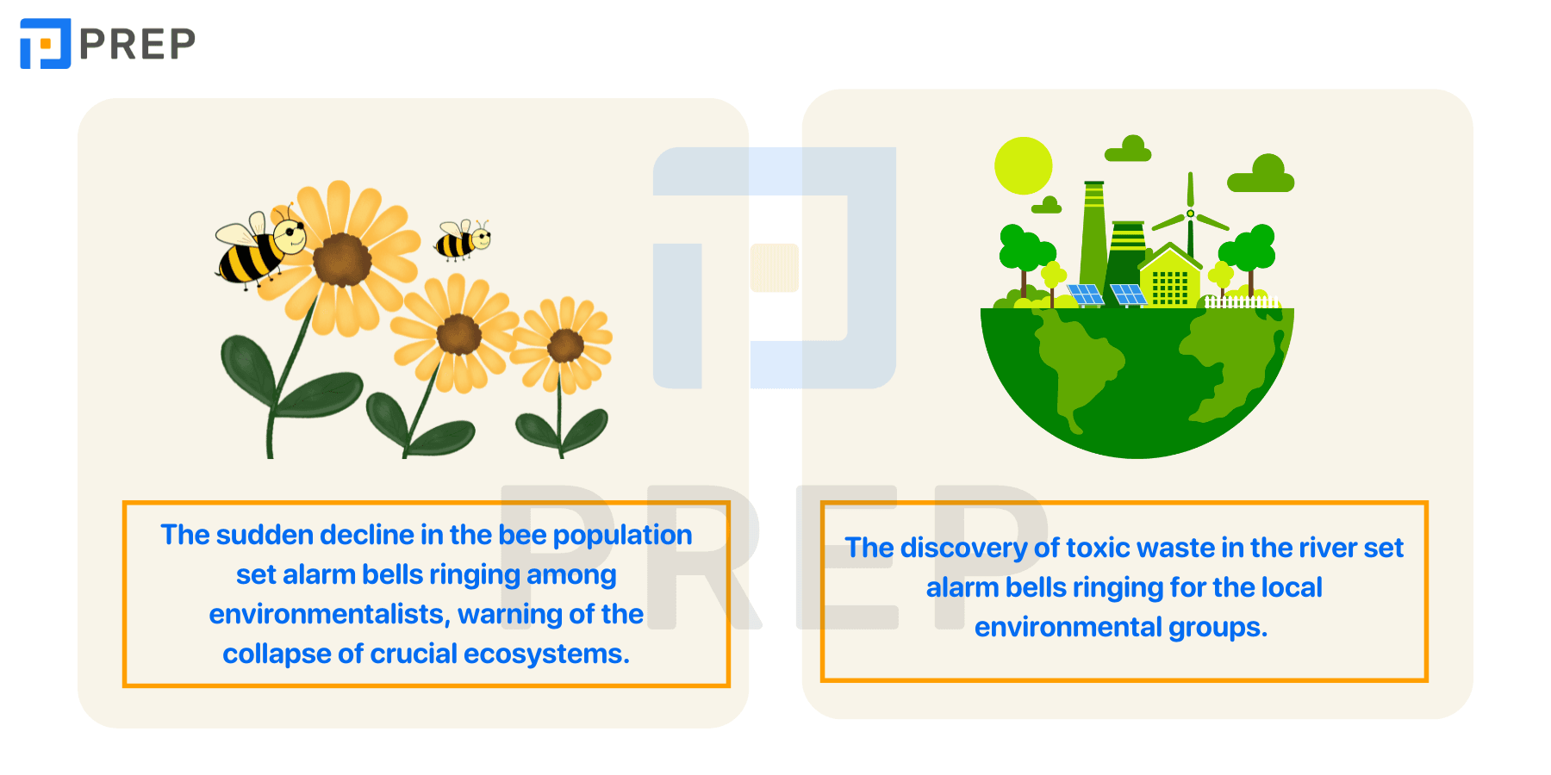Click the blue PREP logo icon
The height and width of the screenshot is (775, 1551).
(x=45, y=43)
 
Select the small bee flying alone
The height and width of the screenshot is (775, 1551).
(x=464, y=240)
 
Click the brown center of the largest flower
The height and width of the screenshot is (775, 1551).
(x=342, y=260)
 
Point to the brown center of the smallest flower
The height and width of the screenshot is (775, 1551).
(x=565, y=346)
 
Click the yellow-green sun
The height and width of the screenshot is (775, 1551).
(x=1024, y=166)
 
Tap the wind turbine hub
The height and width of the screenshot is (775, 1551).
(x=1190, y=214)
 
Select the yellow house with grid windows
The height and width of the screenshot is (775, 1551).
(x=1170, y=276)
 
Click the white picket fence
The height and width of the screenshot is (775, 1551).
(x=1242, y=301)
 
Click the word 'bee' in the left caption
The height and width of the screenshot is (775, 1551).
(x=522, y=535)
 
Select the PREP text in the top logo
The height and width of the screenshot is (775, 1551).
(x=137, y=44)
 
